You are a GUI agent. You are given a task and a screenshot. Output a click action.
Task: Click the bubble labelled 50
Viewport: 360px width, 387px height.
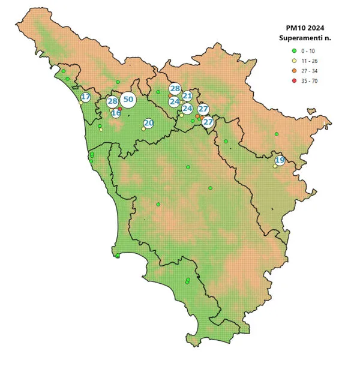pyautogui.click(x=128, y=100)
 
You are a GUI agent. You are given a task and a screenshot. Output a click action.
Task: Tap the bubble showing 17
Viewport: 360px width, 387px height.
pyautogui.click(x=86, y=97)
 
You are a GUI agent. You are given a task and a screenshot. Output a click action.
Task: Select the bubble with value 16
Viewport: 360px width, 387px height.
pyautogui.click(x=116, y=113)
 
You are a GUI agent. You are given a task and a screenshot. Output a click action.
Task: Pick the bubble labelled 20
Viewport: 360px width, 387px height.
pyautogui.click(x=149, y=123)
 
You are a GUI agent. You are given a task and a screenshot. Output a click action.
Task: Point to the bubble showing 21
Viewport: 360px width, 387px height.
pyautogui.click(x=187, y=96)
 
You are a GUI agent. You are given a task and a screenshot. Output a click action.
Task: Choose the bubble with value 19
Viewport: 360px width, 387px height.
pyautogui.click(x=280, y=160)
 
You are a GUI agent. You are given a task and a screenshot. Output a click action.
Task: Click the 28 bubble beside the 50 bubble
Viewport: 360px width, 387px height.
pyautogui.click(x=113, y=101)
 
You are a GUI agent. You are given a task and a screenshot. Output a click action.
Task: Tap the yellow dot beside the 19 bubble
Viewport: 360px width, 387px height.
pyautogui.click(x=275, y=166)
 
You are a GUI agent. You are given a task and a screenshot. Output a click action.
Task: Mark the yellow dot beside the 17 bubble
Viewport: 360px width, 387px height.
pyautogui.click(x=81, y=103)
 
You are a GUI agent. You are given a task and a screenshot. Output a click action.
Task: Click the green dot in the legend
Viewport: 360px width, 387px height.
pyautogui.click(x=294, y=51)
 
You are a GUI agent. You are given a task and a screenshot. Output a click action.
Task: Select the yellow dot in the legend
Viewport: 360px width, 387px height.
pyautogui.click(x=294, y=61)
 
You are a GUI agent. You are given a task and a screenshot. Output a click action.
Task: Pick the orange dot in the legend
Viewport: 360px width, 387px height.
pyautogui.click(x=294, y=71)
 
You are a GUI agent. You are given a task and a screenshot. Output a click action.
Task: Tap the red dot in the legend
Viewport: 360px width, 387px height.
pyautogui.click(x=294, y=80)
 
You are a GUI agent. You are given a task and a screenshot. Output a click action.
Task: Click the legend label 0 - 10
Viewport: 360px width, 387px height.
pyautogui.click(x=309, y=51)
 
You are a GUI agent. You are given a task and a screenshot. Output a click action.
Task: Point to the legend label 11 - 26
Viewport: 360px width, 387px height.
pyautogui.click(x=310, y=61)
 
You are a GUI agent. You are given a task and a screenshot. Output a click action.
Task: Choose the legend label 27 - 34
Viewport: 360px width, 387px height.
pyautogui.click(x=310, y=71)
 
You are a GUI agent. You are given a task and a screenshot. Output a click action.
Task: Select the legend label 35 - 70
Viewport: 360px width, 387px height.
pyautogui.click(x=310, y=80)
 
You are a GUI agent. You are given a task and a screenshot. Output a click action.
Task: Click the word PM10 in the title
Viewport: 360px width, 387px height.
pyautogui.click(x=298, y=28)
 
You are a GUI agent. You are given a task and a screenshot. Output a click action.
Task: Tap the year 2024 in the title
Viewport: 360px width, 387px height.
pyautogui.click(x=319, y=28)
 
